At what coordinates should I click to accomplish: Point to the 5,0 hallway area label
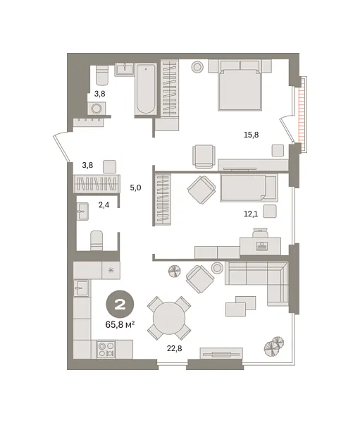pyautogui.click(x=136, y=188)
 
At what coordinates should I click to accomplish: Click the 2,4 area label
pyautogui.click(x=104, y=205)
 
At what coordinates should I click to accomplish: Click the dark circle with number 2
pyautogui.click(x=120, y=305)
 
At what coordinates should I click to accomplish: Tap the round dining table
pyautogui.click(x=169, y=318)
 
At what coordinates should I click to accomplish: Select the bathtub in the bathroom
pyautogui.click(x=146, y=88)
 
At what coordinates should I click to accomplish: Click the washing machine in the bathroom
pyautogui.click(x=97, y=108)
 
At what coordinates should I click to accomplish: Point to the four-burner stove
pyautogui.click(x=106, y=349)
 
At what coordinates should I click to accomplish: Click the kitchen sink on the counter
pyautogui.click(x=82, y=288)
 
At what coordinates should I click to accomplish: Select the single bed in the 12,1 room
pyautogui.click(x=248, y=188)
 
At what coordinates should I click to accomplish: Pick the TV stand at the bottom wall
pyautogui.click(x=221, y=352)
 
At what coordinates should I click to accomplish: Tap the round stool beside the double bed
pyautogui.click(x=197, y=66)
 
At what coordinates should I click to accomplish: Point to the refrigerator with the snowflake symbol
pyautogui.click(x=111, y=269)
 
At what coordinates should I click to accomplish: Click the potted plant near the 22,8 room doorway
pyautogui.click(x=174, y=271)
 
